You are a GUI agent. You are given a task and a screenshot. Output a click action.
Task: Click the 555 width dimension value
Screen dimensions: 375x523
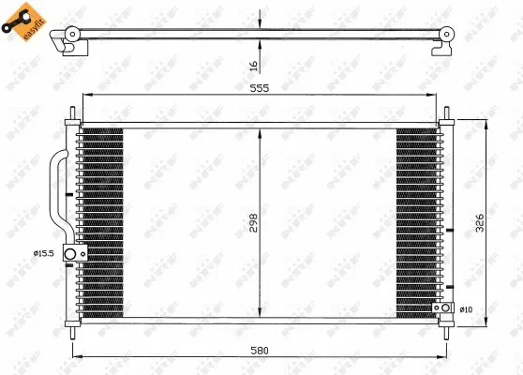[260, 88]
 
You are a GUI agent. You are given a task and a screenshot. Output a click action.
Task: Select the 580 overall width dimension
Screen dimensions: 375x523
[260, 350]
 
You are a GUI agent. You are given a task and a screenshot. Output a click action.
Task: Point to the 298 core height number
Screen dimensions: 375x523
[251, 222]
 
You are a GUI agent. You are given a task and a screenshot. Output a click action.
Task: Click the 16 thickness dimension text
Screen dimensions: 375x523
[253, 65]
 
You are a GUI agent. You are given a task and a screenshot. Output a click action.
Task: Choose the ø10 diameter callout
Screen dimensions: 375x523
[467, 309]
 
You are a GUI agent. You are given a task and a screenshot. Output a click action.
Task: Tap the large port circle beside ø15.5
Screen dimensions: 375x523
[69, 254]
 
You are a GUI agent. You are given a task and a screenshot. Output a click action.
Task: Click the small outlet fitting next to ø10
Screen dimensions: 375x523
[437, 309]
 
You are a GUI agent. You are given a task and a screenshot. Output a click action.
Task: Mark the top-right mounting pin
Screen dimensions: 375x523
[445, 117]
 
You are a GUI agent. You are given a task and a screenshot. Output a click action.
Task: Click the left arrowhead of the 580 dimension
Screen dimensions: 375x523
[75, 356]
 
